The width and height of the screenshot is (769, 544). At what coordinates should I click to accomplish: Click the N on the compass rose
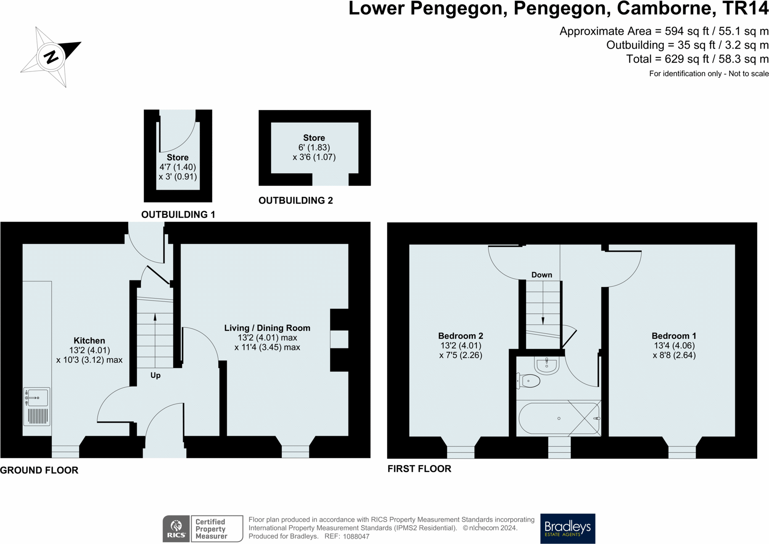click(51, 57)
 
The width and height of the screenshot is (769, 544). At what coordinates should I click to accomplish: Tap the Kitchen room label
click(89, 341)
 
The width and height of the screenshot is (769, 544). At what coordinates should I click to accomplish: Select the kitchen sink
click(37, 407)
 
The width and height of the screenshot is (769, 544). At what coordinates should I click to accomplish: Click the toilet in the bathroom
click(529, 381)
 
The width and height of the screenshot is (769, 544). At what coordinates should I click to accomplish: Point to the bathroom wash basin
click(547, 364)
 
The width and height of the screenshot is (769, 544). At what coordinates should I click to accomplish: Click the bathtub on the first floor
click(559, 418)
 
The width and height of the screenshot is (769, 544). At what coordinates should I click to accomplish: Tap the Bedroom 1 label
click(674, 336)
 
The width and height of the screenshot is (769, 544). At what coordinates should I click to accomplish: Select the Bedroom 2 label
click(461, 336)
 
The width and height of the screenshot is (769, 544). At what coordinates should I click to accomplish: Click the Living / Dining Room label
click(267, 328)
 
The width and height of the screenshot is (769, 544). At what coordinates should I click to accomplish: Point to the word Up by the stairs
click(156, 375)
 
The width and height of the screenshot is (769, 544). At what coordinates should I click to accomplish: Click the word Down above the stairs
click(542, 275)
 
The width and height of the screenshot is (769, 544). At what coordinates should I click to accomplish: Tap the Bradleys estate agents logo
click(568, 528)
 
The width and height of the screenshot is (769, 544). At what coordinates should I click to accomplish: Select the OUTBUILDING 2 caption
click(296, 201)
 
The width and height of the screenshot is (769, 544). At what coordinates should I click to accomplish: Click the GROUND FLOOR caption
click(39, 470)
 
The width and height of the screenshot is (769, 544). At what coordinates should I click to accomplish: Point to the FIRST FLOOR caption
click(419, 469)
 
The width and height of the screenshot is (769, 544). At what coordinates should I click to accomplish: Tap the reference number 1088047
click(356, 536)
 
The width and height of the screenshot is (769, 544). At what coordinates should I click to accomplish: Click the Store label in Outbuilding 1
click(177, 157)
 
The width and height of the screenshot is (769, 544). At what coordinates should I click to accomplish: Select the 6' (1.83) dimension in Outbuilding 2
click(314, 148)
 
